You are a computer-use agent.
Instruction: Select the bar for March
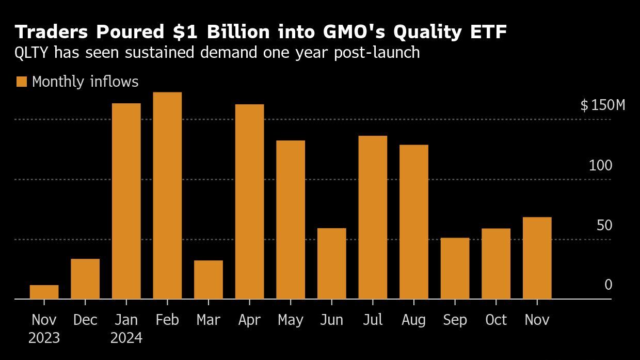(209, 279)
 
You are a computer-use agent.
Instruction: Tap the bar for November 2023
(44, 292)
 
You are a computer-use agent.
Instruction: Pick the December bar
(85, 279)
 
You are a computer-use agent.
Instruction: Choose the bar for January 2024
(126, 201)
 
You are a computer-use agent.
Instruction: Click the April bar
(249, 201)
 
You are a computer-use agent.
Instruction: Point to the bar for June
(331, 263)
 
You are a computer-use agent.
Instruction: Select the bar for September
(455, 268)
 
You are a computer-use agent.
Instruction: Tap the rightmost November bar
(537, 258)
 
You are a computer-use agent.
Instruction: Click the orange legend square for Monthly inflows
(22, 82)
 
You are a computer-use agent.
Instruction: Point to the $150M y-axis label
(602, 105)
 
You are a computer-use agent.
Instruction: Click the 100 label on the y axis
(600, 166)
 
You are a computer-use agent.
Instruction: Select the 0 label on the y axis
(608, 285)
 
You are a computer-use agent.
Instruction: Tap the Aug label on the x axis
(413, 320)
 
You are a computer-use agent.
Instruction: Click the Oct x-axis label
(496, 320)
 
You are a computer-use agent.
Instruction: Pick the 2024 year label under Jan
(126, 339)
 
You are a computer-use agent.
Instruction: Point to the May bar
(291, 220)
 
